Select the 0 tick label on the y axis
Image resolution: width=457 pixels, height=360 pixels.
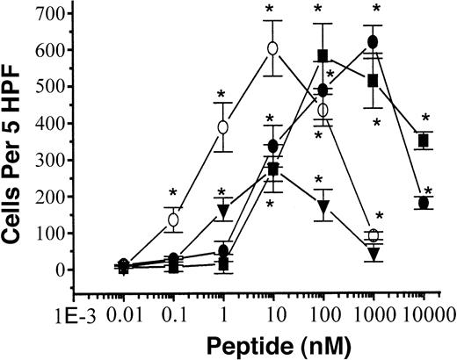tap(62, 270)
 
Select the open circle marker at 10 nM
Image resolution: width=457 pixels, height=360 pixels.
tap(273, 47)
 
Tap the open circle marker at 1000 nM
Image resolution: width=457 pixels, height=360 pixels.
tap(374, 235)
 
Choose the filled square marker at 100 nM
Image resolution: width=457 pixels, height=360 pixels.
tap(323, 56)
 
